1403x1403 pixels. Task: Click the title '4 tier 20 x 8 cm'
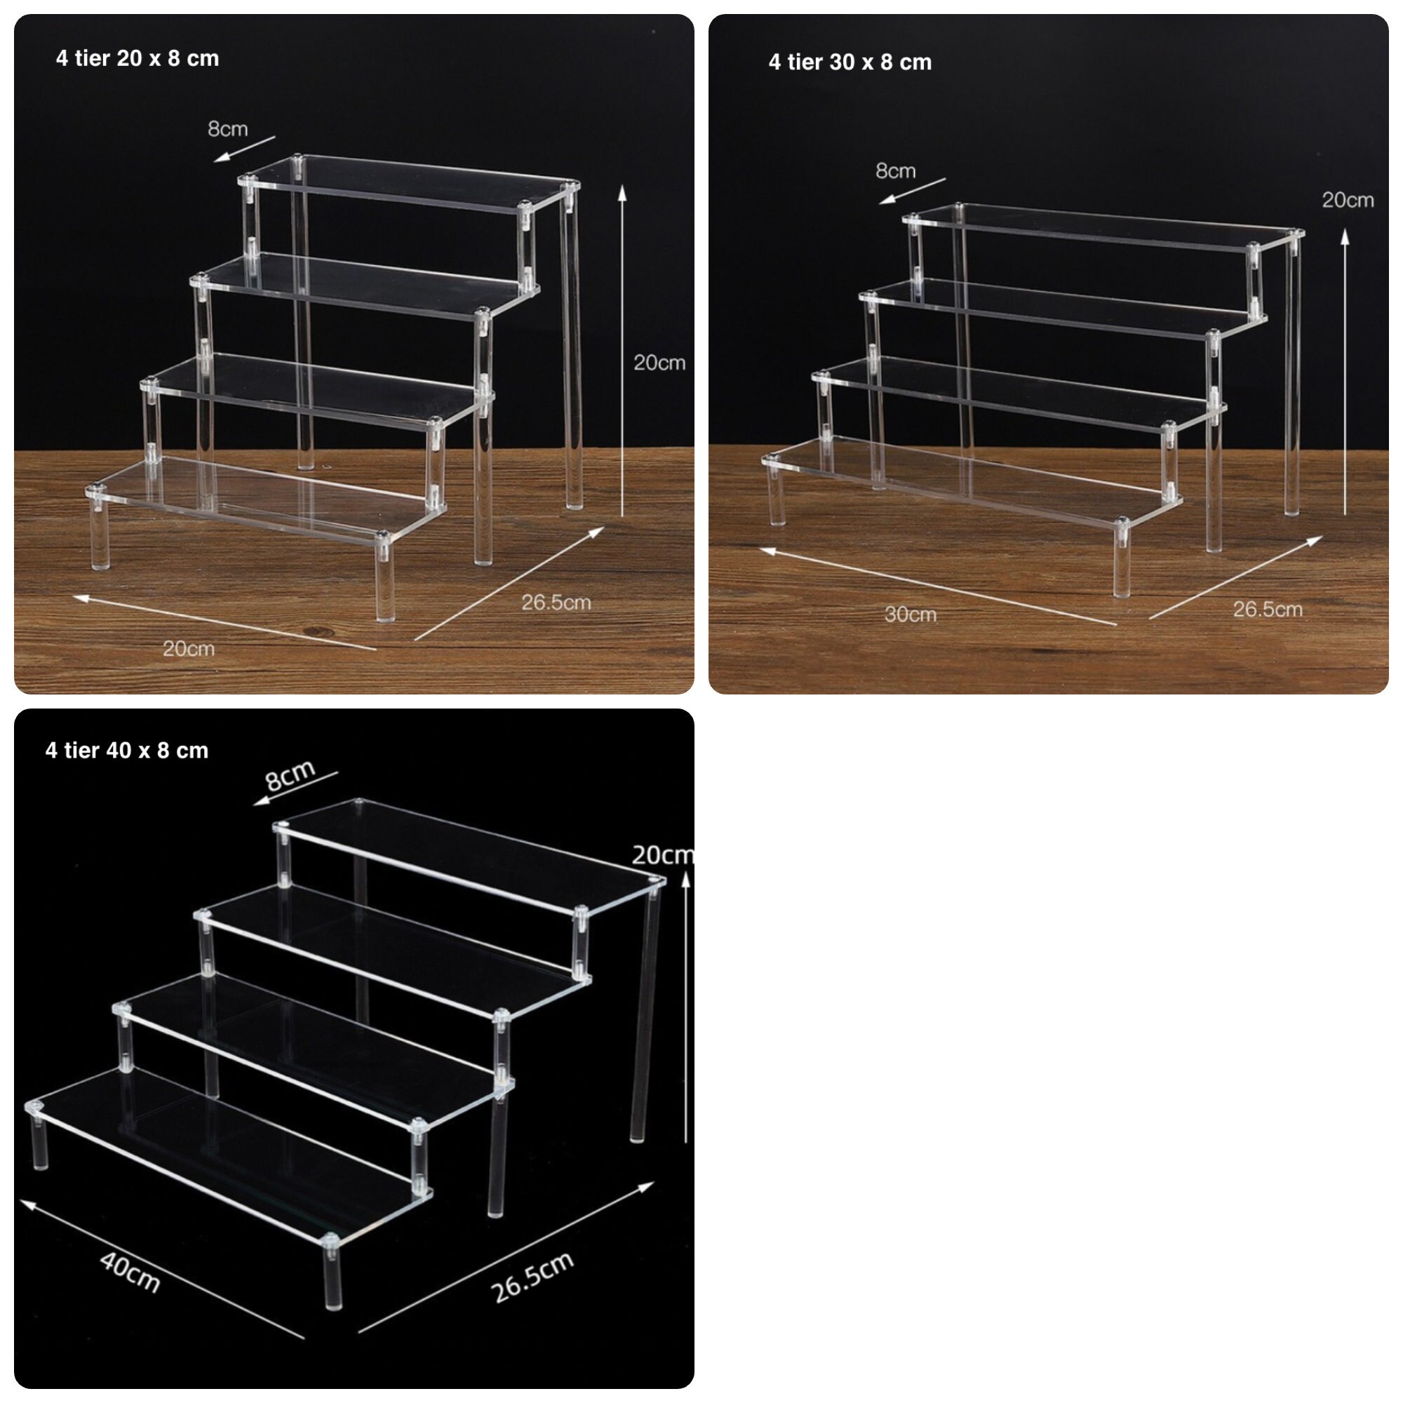tap(137, 58)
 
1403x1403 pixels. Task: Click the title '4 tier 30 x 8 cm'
tap(850, 62)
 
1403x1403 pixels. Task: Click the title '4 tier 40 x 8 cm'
tap(126, 750)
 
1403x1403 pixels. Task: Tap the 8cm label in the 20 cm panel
tap(227, 129)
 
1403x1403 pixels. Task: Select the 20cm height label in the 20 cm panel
tap(659, 363)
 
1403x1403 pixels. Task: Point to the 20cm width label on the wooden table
tap(188, 648)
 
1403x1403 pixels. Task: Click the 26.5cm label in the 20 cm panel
tap(556, 602)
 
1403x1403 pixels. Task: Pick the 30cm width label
tap(910, 615)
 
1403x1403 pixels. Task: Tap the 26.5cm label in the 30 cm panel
tap(1267, 610)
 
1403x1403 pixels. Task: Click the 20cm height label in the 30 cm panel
tap(1347, 200)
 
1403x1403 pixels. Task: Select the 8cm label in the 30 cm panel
tap(895, 170)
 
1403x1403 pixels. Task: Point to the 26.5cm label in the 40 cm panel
tap(532, 1277)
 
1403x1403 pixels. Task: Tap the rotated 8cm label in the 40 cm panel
tap(290, 775)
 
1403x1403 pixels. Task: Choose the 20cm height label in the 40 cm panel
tap(661, 854)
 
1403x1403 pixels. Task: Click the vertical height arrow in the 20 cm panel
tap(622, 349)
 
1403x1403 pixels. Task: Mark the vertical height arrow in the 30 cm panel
tap(1345, 370)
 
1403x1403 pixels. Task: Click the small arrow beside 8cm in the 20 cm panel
tap(245, 148)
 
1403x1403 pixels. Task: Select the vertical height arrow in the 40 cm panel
tap(685, 1006)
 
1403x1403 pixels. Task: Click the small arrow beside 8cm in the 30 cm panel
tap(912, 190)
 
